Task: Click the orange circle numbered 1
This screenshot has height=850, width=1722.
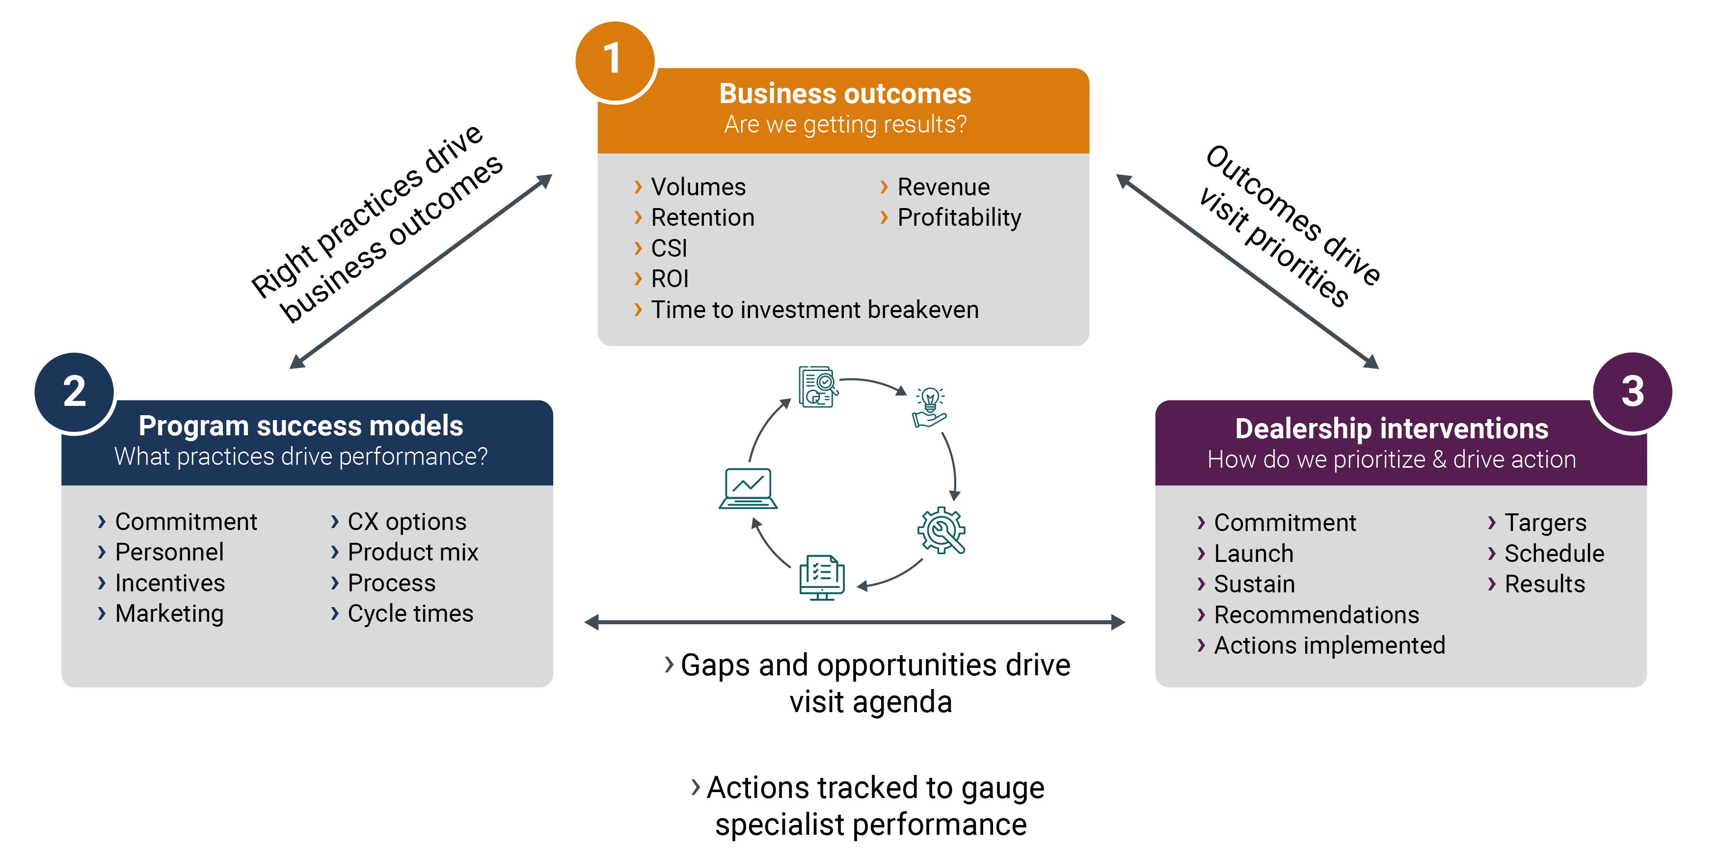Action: pyautogui.click(x=614, y=60)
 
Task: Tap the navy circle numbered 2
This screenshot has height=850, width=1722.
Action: pyautogui.click(x=74, y=392)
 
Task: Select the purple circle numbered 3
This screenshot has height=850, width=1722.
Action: pyautogui.click(x=1632, y=392)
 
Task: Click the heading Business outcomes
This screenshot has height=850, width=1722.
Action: pyautogui.click(x=844, y=94)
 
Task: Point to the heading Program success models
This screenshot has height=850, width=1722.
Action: pyautogui.click(x=301, y=425)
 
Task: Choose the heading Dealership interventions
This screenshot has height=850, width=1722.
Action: pyautogui.click(x=1391, y=428)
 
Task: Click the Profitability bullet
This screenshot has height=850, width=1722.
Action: pyautogui.click(x=959, y=218)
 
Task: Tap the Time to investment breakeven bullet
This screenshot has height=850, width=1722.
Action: pyautogui.click(x=814, y=309)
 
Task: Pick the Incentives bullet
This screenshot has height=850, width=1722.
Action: pyautogui.click(x=170, y=583)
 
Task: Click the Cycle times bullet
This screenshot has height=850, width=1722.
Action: pyautogui.click(x=410, y=613)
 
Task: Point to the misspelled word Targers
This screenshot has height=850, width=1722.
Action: pyautogui.click(x=1545, y=523)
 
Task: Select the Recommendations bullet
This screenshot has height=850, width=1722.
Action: pyautogui.click(x=1316, y=615)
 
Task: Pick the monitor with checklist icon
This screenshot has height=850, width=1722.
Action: pyautogui.click(x=822, y=577)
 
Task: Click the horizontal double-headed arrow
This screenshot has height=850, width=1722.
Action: pyautogui.click(x=854, y=623)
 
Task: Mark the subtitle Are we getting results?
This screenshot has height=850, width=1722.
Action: pyautogui.click(x=845, y=125)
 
